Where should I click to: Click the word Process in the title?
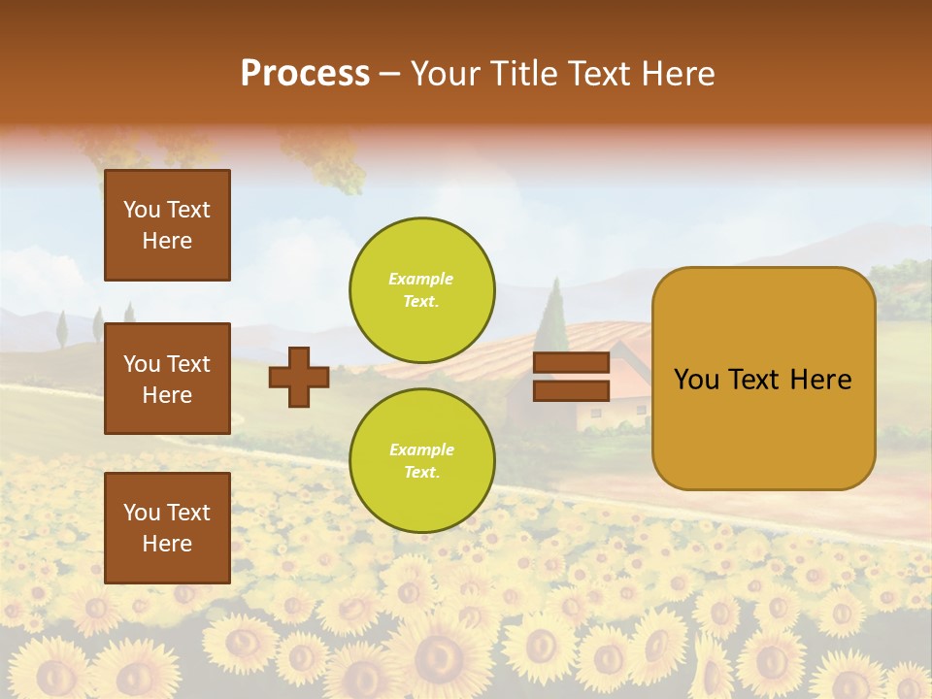click(305, 74)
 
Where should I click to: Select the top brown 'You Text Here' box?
click(167, 225)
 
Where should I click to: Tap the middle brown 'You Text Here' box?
click(167, 379)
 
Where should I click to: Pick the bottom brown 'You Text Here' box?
click(167, 527)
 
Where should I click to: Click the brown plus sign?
click(299, 377)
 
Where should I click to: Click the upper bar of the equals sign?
click(571, 362)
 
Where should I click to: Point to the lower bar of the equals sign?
click(571, 390)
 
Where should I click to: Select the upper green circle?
click(422, 290)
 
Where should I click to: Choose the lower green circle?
click(422, 460)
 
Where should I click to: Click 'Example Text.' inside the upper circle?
click(421, 289)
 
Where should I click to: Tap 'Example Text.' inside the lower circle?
click(421, 460)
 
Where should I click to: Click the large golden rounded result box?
click(763, 379)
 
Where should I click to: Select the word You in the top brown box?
click(141, 210)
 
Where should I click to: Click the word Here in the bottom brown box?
click(167, 544)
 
